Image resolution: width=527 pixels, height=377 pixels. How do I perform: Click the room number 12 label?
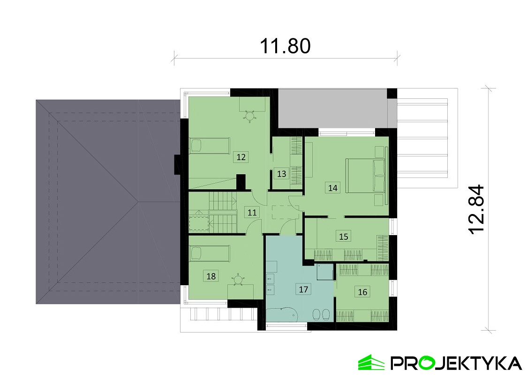click(241, 157)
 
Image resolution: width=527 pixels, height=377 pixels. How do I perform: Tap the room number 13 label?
click(282, 174)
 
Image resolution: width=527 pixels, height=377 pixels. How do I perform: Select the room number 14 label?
click(333, 188)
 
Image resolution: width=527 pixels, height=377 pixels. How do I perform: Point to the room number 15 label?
click(344, 237)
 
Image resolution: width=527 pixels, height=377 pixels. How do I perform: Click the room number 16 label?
click(362, 292)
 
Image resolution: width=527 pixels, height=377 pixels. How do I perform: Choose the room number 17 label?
click(303, 289)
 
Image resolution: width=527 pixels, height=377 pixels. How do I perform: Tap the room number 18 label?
click(211, 276)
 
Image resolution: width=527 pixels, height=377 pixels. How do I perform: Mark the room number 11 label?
click(252, 212)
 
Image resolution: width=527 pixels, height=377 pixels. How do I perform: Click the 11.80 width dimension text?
click(286, 46)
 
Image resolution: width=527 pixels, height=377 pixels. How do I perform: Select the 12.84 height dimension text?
click(476, 209)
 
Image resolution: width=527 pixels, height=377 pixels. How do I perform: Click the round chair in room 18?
click(238, 280)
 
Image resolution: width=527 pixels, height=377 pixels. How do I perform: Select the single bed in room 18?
click(210, 253)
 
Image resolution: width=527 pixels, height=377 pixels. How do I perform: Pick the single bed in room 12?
click(210, 146)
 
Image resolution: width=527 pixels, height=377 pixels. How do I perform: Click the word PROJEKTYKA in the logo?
click(456, 363)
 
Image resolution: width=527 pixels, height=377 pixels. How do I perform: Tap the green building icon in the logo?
click(371, 362)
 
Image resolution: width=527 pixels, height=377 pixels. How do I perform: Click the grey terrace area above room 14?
click(333, 109)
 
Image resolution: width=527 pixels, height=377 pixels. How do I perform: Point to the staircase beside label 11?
click(223, 212)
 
